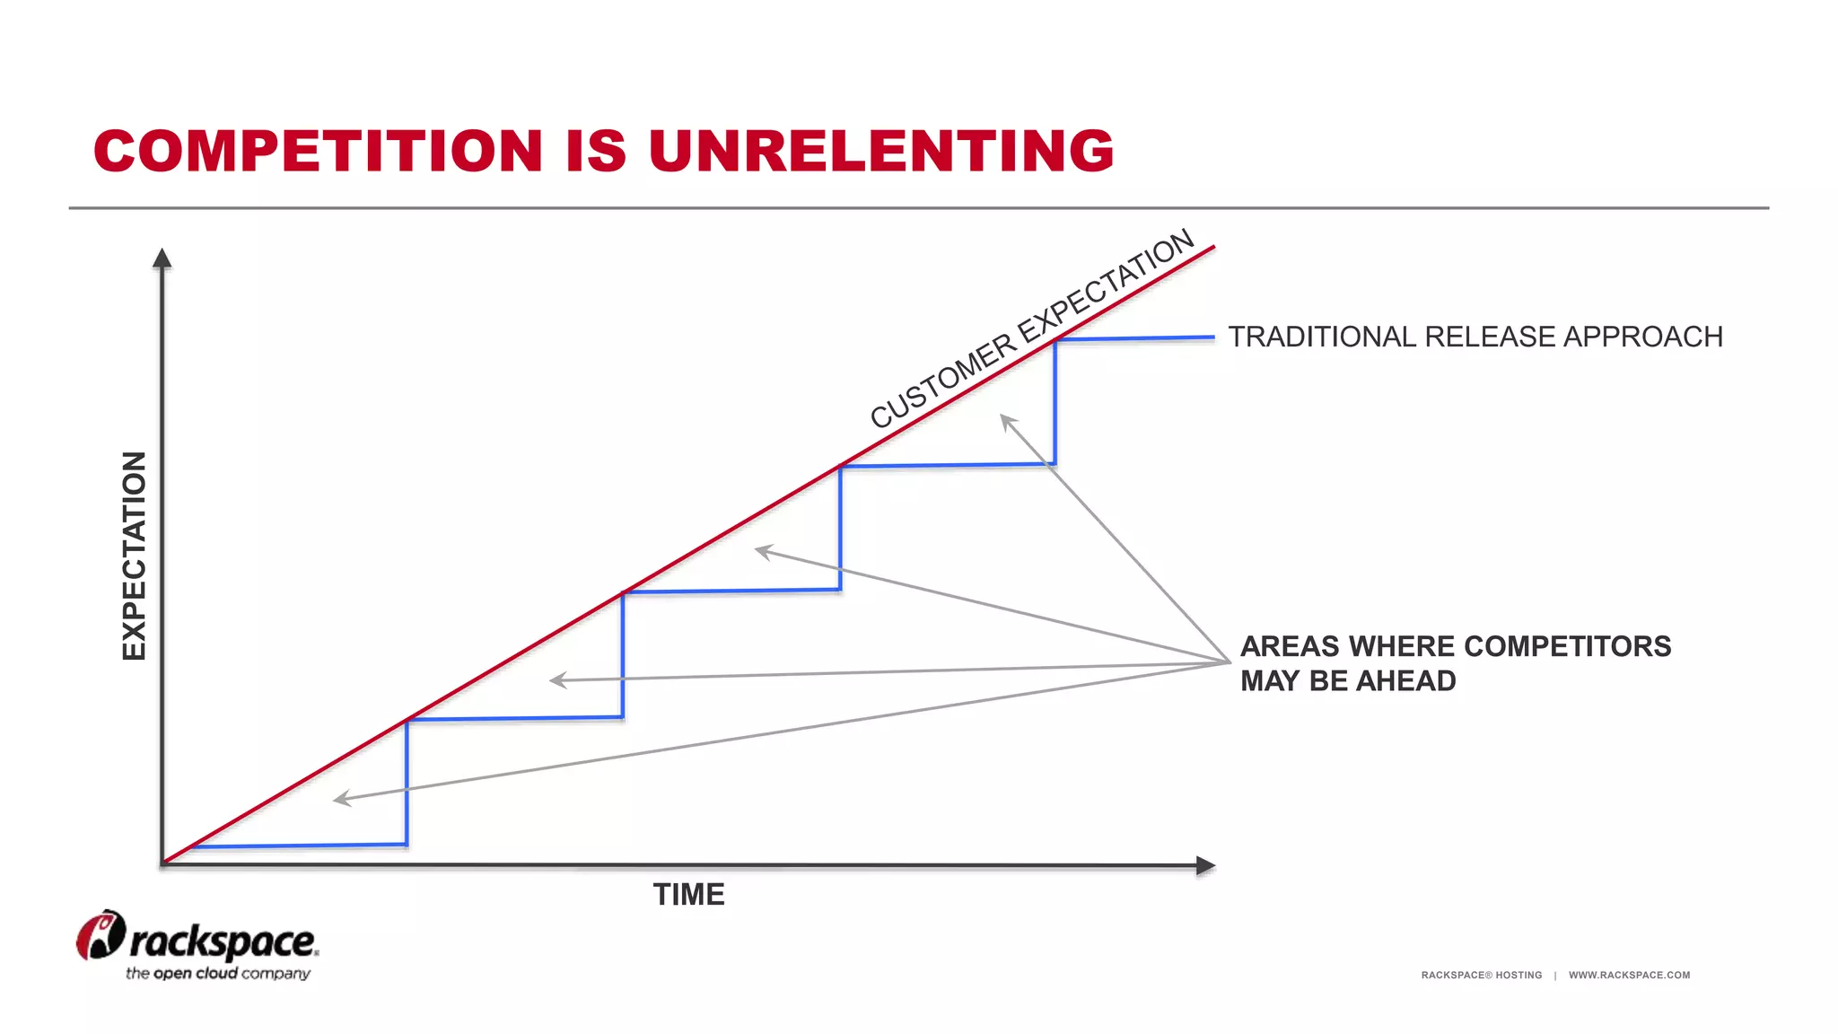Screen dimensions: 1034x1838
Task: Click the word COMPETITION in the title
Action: click(319, 150)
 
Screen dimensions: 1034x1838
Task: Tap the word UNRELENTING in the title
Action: click(880, 150)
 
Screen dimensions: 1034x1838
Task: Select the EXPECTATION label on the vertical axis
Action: click(134, 556)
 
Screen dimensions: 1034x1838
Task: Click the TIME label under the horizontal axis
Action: click(688, 895)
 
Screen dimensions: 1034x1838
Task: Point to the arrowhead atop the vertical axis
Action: click(162, 258)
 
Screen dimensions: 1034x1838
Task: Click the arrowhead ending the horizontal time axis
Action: click(1206, 865)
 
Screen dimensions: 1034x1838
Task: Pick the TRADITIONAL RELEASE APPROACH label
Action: click(1475, 337)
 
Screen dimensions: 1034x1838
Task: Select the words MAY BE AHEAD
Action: click(1348, 681)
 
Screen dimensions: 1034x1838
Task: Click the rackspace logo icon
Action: click(100, 935)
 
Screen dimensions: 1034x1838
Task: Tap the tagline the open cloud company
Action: click(218, 974)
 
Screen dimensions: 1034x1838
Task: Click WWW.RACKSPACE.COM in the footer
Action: click(1629, 975)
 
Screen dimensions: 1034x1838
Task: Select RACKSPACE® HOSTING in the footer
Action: click(1481, 975)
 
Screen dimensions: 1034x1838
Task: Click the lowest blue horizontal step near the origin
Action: click(299, 846)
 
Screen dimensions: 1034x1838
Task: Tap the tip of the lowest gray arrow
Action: click(335, 800)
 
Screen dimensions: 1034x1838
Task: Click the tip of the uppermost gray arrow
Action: click(1002, 416)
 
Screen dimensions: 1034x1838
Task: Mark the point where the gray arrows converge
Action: click(1229, 662)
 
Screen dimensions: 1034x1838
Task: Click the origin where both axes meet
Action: click(162, 864)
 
